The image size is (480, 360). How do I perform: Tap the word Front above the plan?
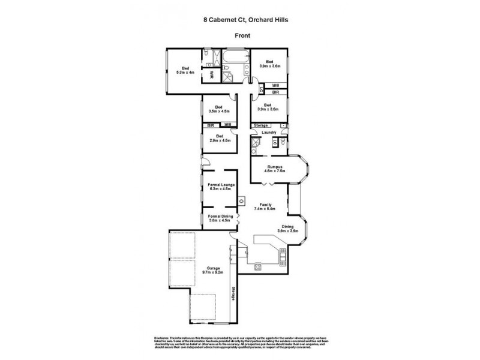point(242,36)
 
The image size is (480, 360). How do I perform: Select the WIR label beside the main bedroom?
point(211,75)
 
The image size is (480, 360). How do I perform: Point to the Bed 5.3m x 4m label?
point(185,70)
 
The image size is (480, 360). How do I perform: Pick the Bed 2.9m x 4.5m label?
point(218,137)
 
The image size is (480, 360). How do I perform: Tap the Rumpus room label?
point(274,169)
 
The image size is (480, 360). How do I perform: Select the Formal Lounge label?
point(220,187)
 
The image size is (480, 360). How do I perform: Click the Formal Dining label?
point(220,218)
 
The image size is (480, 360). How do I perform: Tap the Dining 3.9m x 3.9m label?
point(288,229)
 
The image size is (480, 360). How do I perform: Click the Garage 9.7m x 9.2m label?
point(214,270)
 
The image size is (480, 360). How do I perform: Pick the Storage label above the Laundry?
point(261,125)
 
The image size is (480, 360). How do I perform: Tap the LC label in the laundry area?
point(275,142)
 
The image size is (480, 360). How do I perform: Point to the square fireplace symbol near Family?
point(241,201)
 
